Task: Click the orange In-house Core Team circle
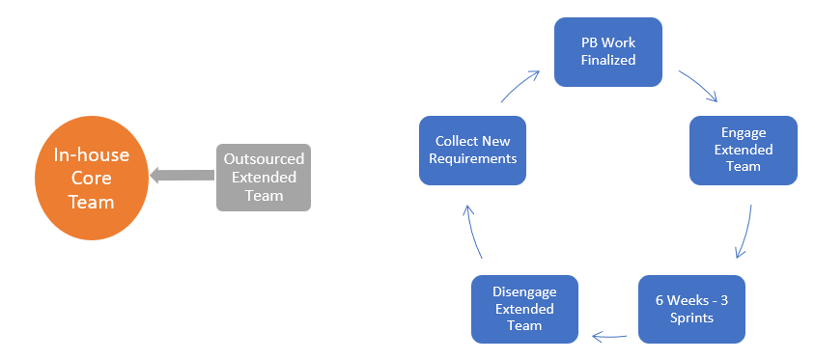point(91,179)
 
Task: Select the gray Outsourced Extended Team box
point(264,177)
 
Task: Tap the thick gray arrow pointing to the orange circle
point(182,176)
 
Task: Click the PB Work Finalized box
point(607,51)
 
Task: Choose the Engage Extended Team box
point(743,150)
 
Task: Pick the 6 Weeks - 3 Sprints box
point(691,309)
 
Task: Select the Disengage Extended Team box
point(524,309)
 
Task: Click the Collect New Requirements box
point(472,150)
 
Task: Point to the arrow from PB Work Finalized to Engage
point(697,85)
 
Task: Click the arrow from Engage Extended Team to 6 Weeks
point(745,232)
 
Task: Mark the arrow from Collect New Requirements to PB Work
point(519,85)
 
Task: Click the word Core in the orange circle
point(90,180)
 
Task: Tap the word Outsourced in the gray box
point(264,159)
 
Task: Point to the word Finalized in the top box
point(607,60)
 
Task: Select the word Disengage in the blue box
point(524,292)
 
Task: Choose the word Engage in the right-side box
point(744,133)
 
